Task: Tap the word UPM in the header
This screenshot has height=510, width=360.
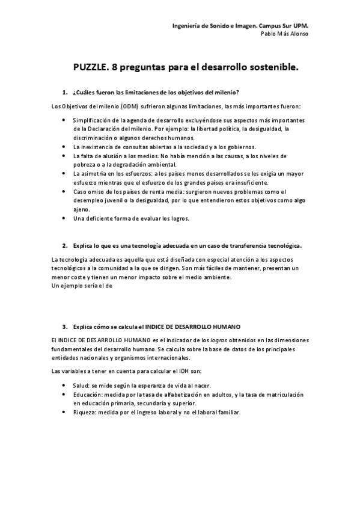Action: (x=307, y=26)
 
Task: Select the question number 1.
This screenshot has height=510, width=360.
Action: (x=64, y=92)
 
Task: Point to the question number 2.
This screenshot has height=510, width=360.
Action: (x=64, y=245)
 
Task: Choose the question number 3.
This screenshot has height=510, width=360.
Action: (x=64, y=327)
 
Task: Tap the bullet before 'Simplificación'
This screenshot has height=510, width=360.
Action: (x=64, y=121)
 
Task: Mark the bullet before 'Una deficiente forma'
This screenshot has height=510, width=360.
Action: (x=64, y=218)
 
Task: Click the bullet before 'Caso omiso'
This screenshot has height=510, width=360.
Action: (x=64, y=192)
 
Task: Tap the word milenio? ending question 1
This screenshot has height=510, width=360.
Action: (x=228, y=92)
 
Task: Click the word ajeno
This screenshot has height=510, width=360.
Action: (x=81, y=209)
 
